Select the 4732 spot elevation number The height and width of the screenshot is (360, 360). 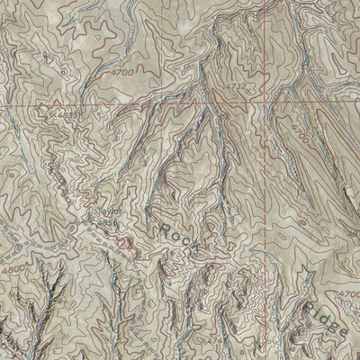point(237,86)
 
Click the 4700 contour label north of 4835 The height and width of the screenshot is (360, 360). point(123,69)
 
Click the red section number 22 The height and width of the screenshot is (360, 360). point(126,242)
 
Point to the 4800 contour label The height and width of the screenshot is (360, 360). point(12,267)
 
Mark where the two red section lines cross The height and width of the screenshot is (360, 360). point(267,105)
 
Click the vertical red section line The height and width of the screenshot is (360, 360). point(267,180)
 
